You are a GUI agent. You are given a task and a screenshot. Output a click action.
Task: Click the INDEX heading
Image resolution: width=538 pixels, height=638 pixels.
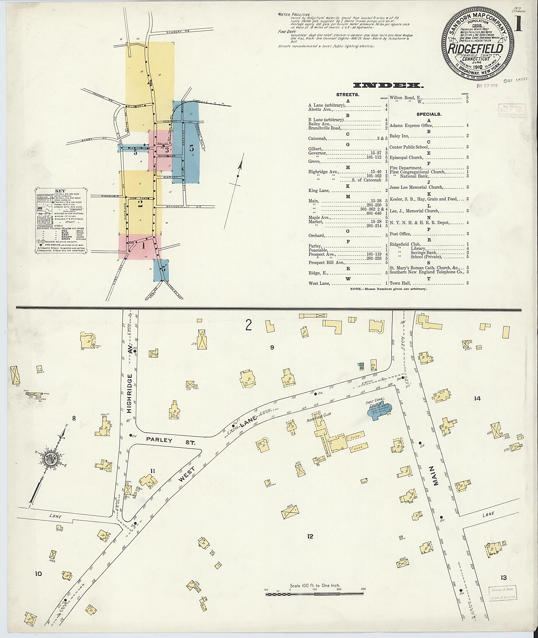pyautogui.click(x=388, y=85)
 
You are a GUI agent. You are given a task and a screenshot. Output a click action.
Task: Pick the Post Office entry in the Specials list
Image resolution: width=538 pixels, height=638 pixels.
pyautogui.click(x=400, y=234)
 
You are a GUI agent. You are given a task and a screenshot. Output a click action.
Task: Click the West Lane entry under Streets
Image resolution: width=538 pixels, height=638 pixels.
pyautogui.click(x=319, y=284)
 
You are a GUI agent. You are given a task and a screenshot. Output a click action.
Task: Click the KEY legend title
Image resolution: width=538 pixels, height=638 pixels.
pyautogui.click(x=60, y=191)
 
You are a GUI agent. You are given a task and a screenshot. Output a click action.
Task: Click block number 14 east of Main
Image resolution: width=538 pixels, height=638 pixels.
pyautogui.click(x=477, y=398)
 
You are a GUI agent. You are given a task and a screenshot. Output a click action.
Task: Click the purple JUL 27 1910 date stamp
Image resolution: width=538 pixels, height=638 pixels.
pyautogui.click(x=487, y=85)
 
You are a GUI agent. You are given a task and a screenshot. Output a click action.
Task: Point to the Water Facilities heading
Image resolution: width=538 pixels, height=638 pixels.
pyautogui.click(x=294, y=14)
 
